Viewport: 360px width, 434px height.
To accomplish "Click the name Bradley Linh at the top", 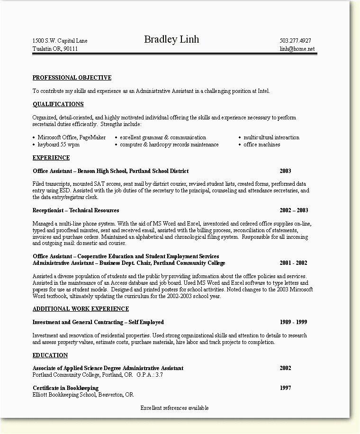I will coord(171,40).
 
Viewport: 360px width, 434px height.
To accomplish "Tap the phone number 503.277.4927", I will coord(295,41).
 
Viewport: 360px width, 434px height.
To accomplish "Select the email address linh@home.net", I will coord(297,49).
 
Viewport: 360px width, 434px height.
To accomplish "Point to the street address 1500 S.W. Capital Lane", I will coord(60,41).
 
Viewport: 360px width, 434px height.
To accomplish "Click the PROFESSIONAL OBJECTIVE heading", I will coord(72,78).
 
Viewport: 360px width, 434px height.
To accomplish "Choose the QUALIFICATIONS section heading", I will coord(58,104).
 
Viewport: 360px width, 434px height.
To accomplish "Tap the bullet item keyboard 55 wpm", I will coord(59,145).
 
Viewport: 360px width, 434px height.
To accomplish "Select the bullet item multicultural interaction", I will coord(271,137).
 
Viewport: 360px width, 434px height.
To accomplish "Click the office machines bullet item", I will coord(261,145).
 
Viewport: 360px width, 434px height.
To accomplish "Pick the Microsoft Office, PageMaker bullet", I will coord(72,137).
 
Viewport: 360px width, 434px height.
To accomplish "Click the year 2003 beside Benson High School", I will coord(285,171).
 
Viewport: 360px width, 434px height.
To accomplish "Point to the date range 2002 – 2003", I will coord(294,210).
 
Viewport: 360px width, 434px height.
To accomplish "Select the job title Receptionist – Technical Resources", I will coord(76,210).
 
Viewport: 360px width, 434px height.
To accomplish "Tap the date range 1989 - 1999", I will coord(293,322).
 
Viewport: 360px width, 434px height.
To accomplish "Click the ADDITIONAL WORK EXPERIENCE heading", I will coord(81,309).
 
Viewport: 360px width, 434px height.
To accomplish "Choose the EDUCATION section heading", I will coord(50,355).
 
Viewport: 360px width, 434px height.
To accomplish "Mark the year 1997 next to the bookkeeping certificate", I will coord(285,388).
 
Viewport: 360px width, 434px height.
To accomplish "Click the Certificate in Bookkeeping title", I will coord(65,388).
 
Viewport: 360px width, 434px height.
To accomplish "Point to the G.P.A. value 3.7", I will coord(159,375).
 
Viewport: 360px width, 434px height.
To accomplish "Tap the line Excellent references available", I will coord(174,408).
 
